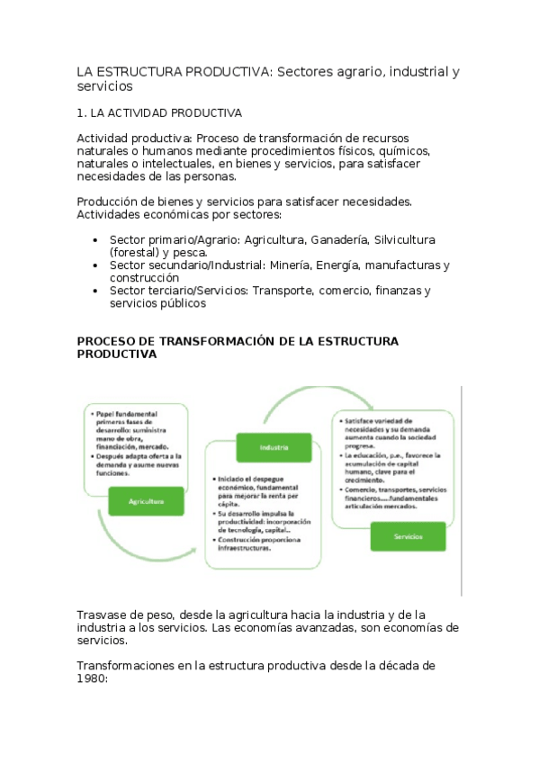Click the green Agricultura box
click(145, 500)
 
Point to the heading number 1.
click(81, 113)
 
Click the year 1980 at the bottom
click(91, 679)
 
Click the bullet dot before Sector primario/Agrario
click(95, 241)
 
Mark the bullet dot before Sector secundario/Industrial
click(95, 266)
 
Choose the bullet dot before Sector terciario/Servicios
click(95, 292)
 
